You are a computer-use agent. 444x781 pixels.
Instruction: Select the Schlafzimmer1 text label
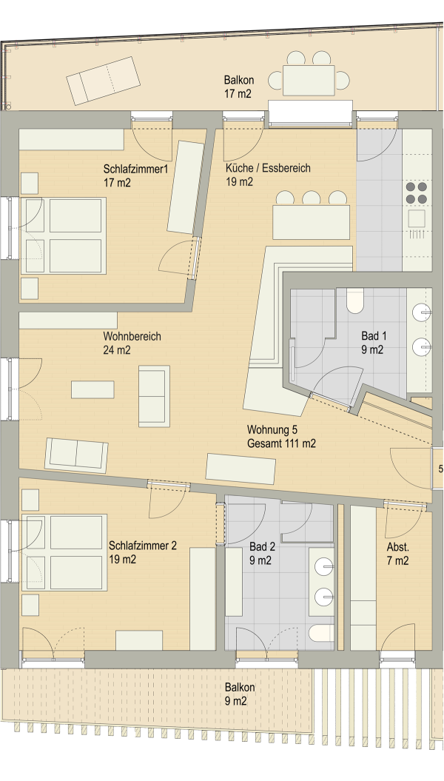[x=136, y=168]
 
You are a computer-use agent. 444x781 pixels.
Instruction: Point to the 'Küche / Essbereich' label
[x=268, y=168]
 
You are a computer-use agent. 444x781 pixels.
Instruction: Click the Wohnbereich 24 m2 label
[x=132, y=343]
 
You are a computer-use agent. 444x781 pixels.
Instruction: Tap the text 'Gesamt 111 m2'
[x=281, y=443]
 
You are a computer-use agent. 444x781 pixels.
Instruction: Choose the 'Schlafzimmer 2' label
[x=142, y=546]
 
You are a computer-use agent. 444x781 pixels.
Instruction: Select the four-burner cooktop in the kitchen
[x=417, y=192]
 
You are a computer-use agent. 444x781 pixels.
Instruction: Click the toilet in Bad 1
[x=356, y=299]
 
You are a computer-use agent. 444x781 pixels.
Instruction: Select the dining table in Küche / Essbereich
[x=311, y=221]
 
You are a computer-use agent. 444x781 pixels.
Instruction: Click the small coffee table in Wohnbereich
[x=92, y=389]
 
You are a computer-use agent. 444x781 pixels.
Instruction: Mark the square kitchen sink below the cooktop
[x=417, y=219]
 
